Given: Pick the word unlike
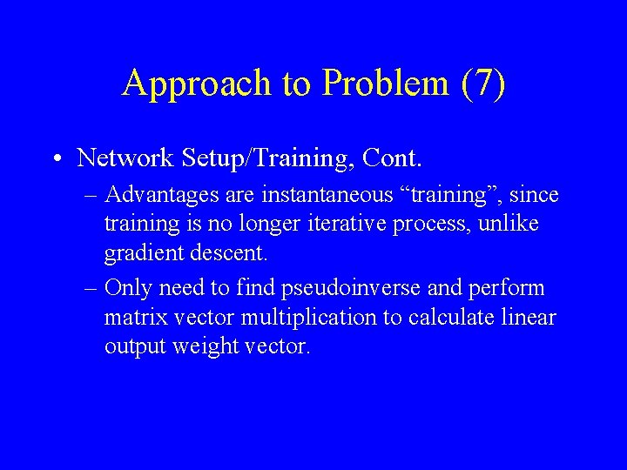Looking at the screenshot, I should point(513,225).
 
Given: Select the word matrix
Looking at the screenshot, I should point(132,317).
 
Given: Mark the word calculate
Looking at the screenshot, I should point(449,317).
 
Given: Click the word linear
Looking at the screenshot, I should point(529,317).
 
